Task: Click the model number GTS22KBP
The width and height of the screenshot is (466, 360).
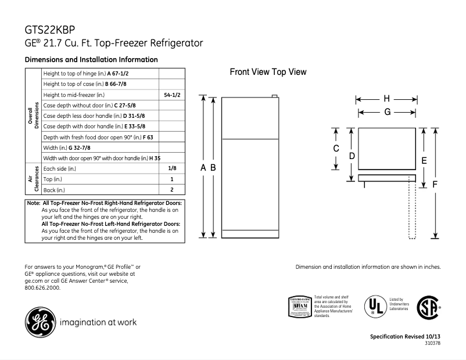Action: point(49,29)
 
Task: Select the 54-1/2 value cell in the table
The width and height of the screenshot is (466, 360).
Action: point(172,95)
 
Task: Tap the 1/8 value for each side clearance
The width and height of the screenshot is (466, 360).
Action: point(172,168)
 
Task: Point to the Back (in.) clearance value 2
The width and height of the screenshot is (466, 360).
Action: point(172,190)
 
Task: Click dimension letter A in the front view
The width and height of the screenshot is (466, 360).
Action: point(203,167)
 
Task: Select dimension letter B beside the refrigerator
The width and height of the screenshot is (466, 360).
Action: point(213,167)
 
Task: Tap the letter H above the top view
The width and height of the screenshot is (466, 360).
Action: point(386,98)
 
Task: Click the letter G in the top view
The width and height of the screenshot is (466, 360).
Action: point(386,112)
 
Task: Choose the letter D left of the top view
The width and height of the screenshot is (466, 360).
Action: point(352,156)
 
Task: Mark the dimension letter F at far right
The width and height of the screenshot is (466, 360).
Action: point(434,184)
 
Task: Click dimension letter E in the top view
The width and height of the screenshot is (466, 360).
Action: point(424,160)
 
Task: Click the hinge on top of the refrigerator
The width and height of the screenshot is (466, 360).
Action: point(275,96)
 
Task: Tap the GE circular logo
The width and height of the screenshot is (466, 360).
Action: point(39,319)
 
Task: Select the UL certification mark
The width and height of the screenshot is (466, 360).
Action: point(372,305)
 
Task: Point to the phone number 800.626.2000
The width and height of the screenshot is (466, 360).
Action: point(43,288)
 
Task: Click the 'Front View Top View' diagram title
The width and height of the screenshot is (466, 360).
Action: point(268,72)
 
